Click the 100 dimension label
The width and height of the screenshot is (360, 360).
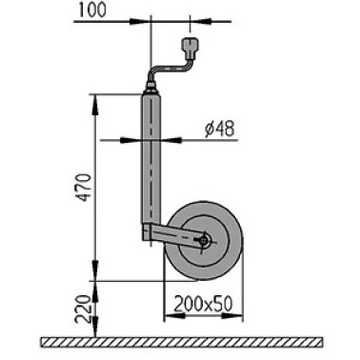point(92,10)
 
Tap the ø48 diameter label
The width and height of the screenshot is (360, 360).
point(219,129)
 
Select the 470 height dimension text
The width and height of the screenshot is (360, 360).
point(85,188)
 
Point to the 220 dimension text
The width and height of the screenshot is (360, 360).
point(83,309)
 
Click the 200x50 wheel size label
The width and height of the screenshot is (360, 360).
point(203,304)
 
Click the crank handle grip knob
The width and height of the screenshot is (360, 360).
point(190,49)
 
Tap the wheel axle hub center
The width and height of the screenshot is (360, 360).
point(204,242)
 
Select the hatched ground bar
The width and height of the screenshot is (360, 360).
point(182,342)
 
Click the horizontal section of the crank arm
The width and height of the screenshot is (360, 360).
point(170,69)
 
